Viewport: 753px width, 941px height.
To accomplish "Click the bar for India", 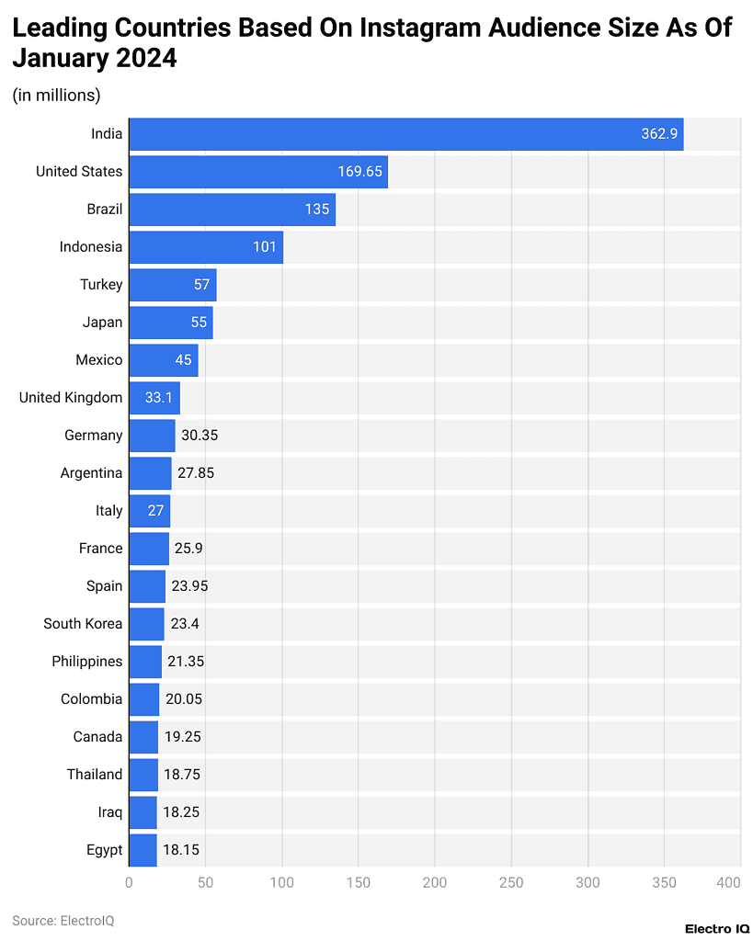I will [405, 134].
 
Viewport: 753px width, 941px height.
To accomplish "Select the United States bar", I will [257, 172].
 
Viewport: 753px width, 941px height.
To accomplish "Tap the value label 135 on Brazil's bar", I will [317, 210].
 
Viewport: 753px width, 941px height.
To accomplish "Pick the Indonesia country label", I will [91, 247].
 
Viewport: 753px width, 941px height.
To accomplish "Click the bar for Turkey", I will [172, 285].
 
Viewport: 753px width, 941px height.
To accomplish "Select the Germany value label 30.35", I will [199, 436].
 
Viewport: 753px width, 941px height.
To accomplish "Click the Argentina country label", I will [91, 473].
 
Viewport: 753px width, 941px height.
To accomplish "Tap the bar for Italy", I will [149, 511].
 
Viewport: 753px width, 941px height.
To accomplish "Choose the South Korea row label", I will [83, 624].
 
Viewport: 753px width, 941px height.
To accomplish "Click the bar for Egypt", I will [143, 850].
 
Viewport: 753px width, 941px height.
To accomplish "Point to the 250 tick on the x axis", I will [511, 883].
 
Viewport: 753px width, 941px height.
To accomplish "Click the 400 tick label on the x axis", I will [728, 883].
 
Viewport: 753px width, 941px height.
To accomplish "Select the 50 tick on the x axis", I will [205, 883].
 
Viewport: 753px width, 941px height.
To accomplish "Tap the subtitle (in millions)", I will [56, 95].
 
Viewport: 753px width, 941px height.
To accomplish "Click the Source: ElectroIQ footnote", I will [63, 920].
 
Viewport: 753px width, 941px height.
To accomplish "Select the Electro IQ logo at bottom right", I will [717, 928].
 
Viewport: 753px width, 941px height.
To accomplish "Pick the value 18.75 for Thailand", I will [182, 775].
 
